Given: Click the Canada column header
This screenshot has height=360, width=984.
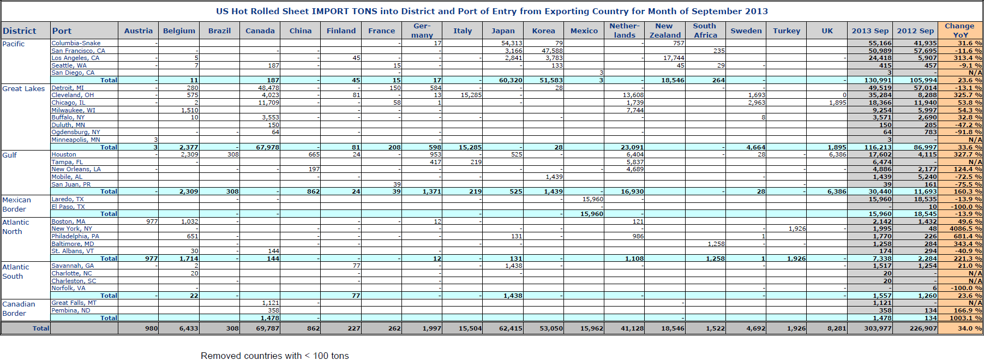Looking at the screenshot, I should [260, 31].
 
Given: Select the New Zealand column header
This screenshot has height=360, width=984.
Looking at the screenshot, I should [664, 31].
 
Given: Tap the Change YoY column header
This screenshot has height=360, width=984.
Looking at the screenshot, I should [959, 31].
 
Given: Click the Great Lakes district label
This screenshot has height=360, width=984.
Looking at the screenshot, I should [23, 88].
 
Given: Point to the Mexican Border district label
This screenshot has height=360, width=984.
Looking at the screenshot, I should [16, 205].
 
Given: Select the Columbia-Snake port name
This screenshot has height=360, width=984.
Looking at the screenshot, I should [76, 43].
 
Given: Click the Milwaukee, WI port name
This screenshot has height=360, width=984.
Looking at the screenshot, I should [73, 110].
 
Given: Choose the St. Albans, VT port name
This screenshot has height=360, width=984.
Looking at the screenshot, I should [73, 251].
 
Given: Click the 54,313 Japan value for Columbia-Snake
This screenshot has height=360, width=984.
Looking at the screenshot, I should [512, 43].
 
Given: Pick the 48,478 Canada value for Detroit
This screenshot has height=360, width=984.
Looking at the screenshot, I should [268, 88].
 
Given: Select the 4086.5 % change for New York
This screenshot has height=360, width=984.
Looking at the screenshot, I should [964, 229].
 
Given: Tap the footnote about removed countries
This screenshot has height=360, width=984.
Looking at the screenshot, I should [274, 356].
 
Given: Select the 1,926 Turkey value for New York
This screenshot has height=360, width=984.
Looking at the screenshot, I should [797, 229].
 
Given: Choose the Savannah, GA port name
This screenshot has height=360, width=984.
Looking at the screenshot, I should [73, 266].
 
